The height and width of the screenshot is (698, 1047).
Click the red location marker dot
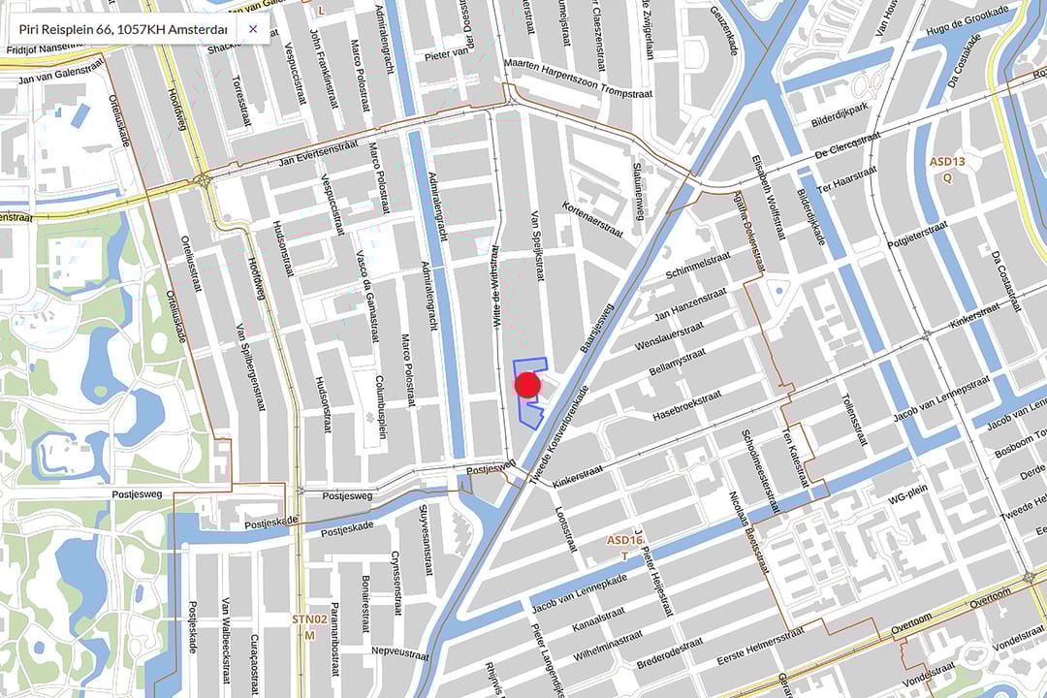click(x=527, y=385)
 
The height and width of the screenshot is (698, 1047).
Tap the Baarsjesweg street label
click(x=598, y=330)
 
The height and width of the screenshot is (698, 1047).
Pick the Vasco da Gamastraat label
click(x=367, y=291)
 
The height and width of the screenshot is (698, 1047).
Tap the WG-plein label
click(x=909, y=500)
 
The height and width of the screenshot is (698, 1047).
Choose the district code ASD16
click(x=625, y=540)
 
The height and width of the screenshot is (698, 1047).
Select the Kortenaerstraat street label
click(x=591, y=220)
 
